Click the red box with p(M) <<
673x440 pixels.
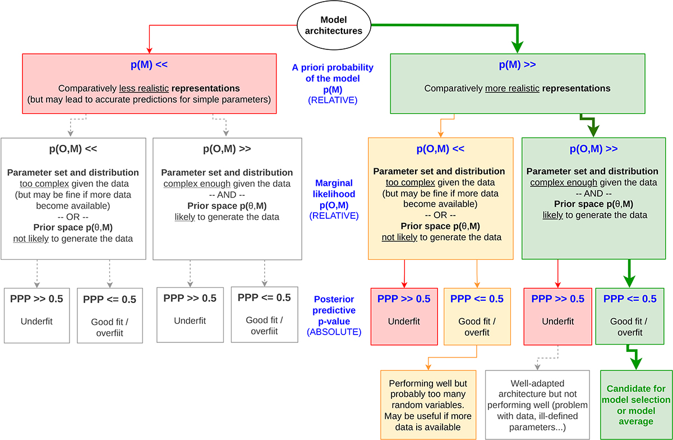click(149, 84)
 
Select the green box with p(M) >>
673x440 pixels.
click(517, 84)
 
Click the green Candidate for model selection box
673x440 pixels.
click(636, 405)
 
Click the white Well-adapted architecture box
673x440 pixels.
click(537, 404)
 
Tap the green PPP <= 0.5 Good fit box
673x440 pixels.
click(630, 315)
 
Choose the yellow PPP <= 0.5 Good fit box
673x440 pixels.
click(477, 315)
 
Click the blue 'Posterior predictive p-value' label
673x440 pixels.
click(334, 310)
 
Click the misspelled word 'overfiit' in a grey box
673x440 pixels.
click(264, 331)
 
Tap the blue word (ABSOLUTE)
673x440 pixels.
click(334, 332)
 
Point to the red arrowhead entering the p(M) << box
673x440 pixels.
click(149, 49)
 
